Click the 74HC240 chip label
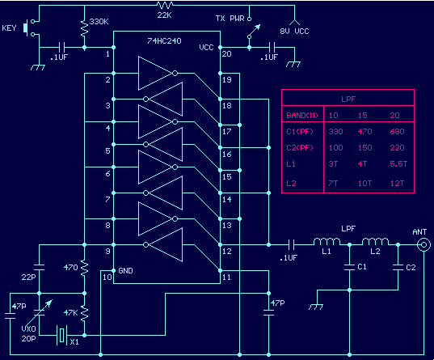[164, 41]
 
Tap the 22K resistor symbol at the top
[165, 5]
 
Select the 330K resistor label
[99, 22]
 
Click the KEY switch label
[9, 28]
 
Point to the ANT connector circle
[423, 244]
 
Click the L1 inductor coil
[327, 241]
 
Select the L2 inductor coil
[375, 241]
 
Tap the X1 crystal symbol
[61, 335]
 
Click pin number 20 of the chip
[226, 54]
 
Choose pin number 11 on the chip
[226, 277]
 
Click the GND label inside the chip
[125, 271]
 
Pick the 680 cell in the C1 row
[397, 131]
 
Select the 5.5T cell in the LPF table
[398, 163]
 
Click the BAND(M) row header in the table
[302, 116]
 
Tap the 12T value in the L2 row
[397, 183]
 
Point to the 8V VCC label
[294, 32]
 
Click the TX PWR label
[230, 19]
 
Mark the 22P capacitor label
[29, 277]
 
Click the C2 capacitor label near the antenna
[411, 268]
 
